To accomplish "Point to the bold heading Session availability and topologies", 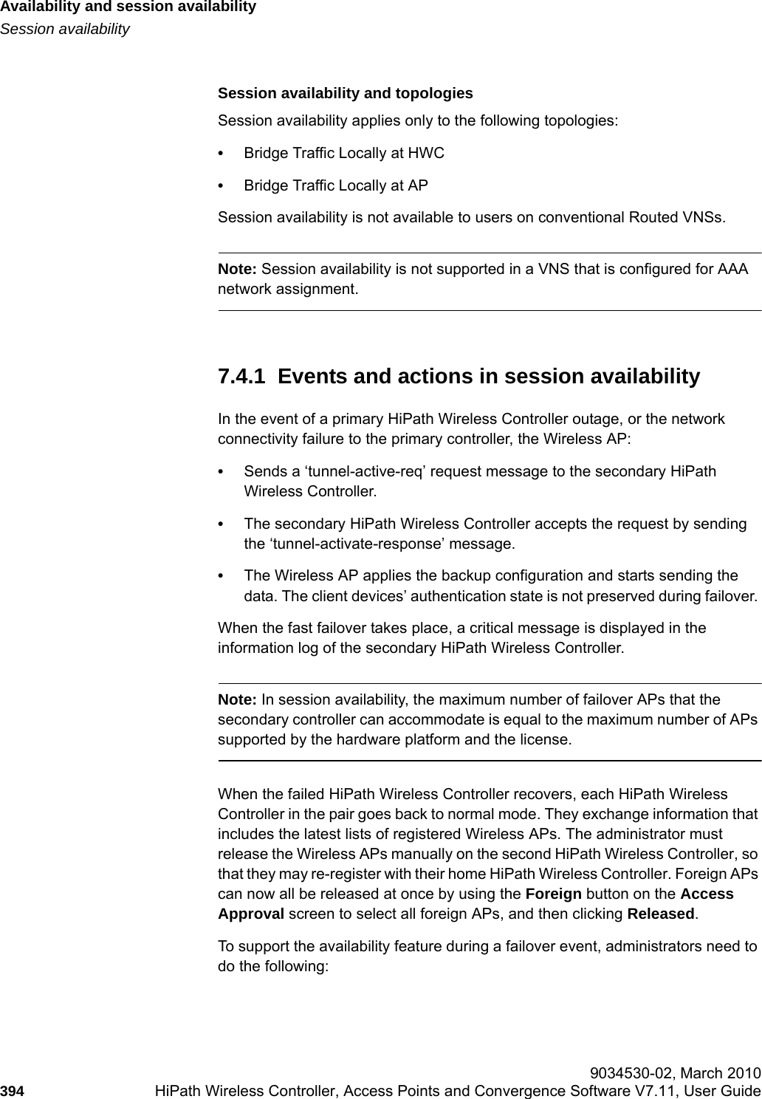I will pos(345,94).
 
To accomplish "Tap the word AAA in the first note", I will pos(732,269).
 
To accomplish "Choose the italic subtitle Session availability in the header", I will pos(65,30).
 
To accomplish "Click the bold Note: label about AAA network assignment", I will pos(238,269).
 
